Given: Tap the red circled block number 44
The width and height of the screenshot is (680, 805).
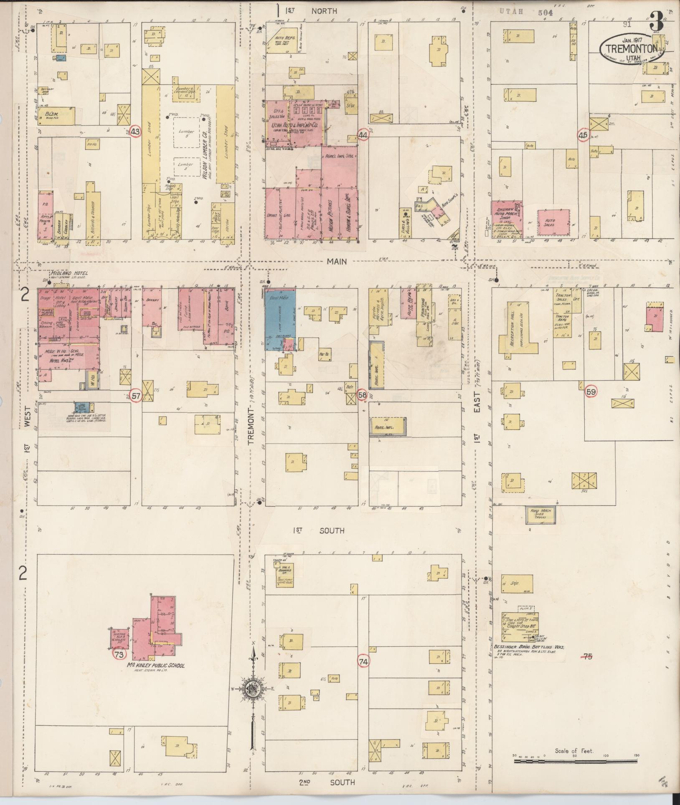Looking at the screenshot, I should coord(363,135).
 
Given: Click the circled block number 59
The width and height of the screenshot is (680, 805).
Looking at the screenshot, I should coord(591,391).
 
